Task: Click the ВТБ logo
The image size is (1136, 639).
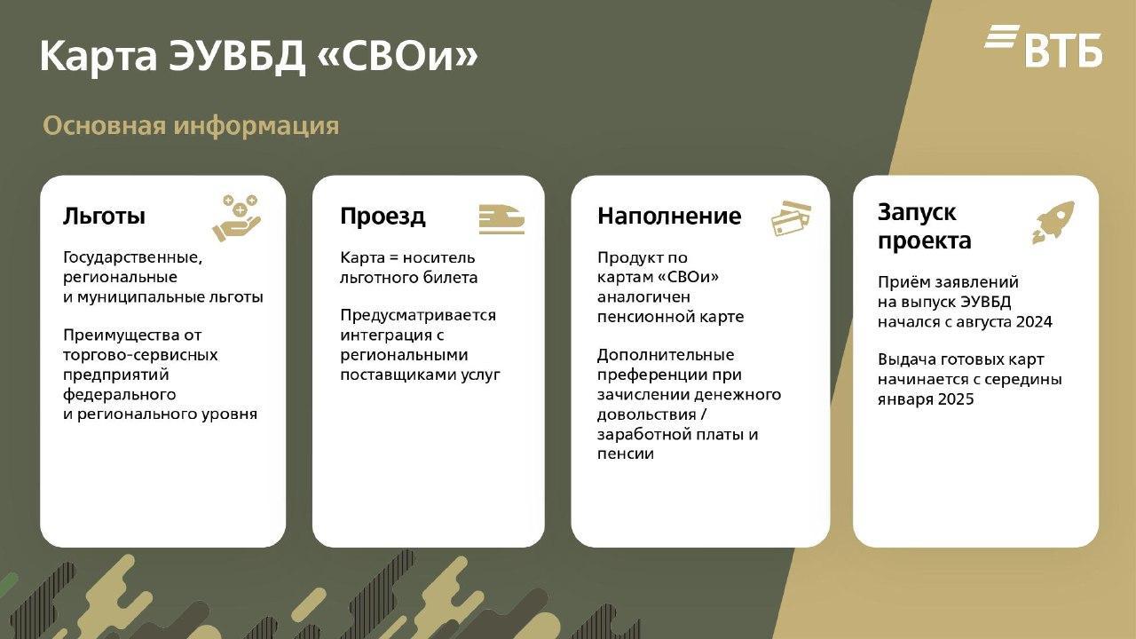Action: pyautogui.click(x=1043, y=46)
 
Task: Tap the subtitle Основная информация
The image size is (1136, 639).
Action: pyautogui.click(x=191, y=125)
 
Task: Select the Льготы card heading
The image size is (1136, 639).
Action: pyautogui.click(x=104, y=216)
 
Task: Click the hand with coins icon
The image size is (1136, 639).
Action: pyautogui.click(x=236, y=217)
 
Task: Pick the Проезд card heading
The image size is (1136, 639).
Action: pyautogui.click(x=383, y=217)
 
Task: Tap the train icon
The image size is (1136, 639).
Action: pyautogui.click(x=501, y=219)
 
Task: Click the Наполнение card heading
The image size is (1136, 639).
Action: pyautogui.click(x=669, y=216)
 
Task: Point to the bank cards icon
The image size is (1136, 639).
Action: pyautogui.click(x=791, y=218)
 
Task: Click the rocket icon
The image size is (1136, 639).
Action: pyautogui.click(x=1053, y=223)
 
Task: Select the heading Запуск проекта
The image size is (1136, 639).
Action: pyautogui.click(x=924, y=226)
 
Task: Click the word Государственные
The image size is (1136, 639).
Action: pyautogui.click(x=132, y=258)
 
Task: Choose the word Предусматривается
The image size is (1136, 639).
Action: pyautogui.click(x=418, y=315)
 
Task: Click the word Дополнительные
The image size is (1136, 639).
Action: pyautogui.click(x=666, y=355)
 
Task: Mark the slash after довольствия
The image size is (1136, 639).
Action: pyautogui.click(x=703, y=414)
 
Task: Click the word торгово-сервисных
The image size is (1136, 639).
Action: pyautogui.click(x=140, y=355)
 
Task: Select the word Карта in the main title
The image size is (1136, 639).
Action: pyautogui.click(x=99, y=57)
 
